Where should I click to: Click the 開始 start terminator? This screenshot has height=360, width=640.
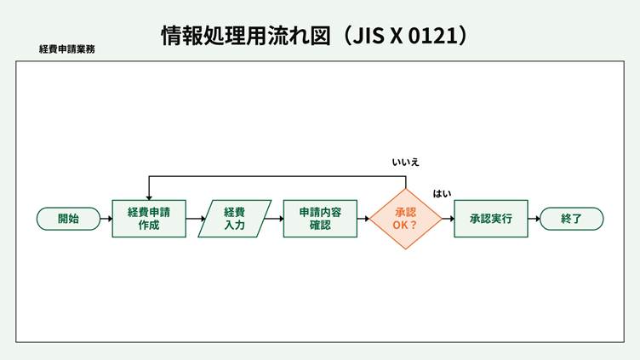68,219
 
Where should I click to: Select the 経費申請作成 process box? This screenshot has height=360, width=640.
149,219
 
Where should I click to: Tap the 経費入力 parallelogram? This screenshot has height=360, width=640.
234,219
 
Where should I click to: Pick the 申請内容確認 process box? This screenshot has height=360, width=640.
320,219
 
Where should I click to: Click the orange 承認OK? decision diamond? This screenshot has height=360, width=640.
405,219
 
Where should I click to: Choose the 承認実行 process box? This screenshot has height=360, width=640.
490,219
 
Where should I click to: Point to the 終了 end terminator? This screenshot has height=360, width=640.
571,219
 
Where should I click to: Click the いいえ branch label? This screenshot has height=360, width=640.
405,162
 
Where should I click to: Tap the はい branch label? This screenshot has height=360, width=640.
442,194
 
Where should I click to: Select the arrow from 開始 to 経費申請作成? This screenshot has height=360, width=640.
106,219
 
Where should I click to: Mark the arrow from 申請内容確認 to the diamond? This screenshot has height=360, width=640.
363,219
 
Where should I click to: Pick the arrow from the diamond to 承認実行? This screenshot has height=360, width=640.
448,219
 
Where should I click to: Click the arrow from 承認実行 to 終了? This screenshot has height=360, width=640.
534,219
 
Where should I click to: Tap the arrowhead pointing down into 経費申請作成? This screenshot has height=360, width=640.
149,197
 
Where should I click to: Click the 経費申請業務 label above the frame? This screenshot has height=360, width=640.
67,49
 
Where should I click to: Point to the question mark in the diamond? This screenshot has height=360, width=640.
414,225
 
